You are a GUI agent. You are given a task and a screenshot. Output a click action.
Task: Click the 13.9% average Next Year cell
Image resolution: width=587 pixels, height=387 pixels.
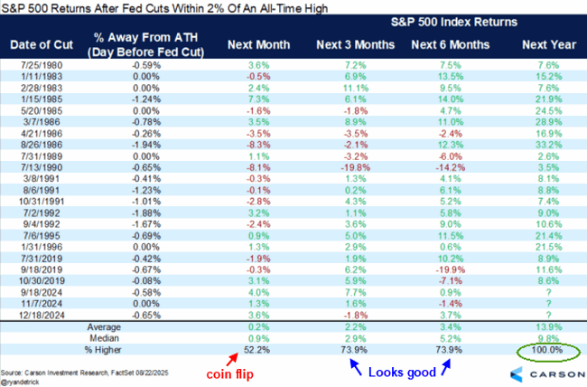click(543, 323)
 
